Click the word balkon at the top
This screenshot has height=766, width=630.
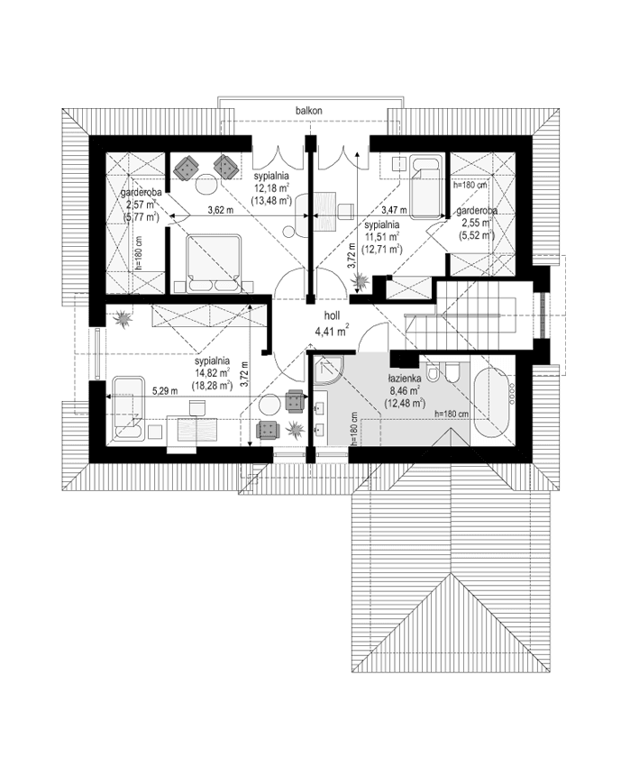[x=308, y=110]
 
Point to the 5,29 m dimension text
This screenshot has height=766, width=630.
[x=164, y=391]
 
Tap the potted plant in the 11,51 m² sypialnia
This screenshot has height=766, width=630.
[x=361, y=282]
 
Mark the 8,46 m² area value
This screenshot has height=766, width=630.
[x=402, y=392]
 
